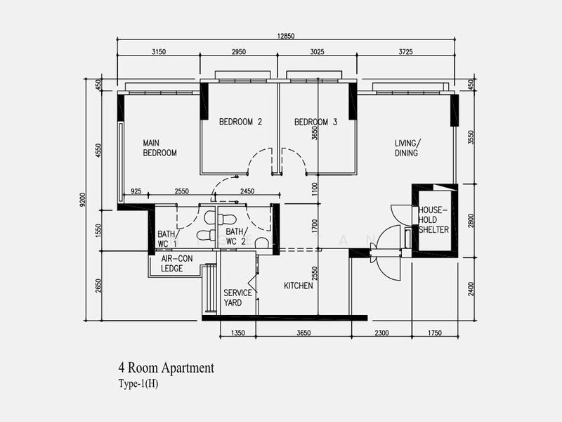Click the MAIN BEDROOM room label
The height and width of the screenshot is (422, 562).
[x=159, y=147]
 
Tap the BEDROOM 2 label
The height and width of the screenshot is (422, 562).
[x=240, y=122]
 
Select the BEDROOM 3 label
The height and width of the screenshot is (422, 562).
[x=315, y=122]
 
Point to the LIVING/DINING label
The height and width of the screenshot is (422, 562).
[x=407, y=148]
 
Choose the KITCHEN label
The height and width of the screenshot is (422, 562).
[x=298, y=286]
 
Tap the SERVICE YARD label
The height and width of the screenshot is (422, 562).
[x=233, y=298]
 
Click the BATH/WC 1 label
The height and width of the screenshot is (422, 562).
[x=167, y=238]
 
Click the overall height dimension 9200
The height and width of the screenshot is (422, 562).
[x=84, y=201]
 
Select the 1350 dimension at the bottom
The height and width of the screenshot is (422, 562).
[x=239, y=333]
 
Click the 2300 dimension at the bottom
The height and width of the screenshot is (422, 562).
[x=382, y=333]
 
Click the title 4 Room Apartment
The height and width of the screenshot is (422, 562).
[x=166, y=367]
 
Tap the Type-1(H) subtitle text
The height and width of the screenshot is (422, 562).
[x=140, y=384]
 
